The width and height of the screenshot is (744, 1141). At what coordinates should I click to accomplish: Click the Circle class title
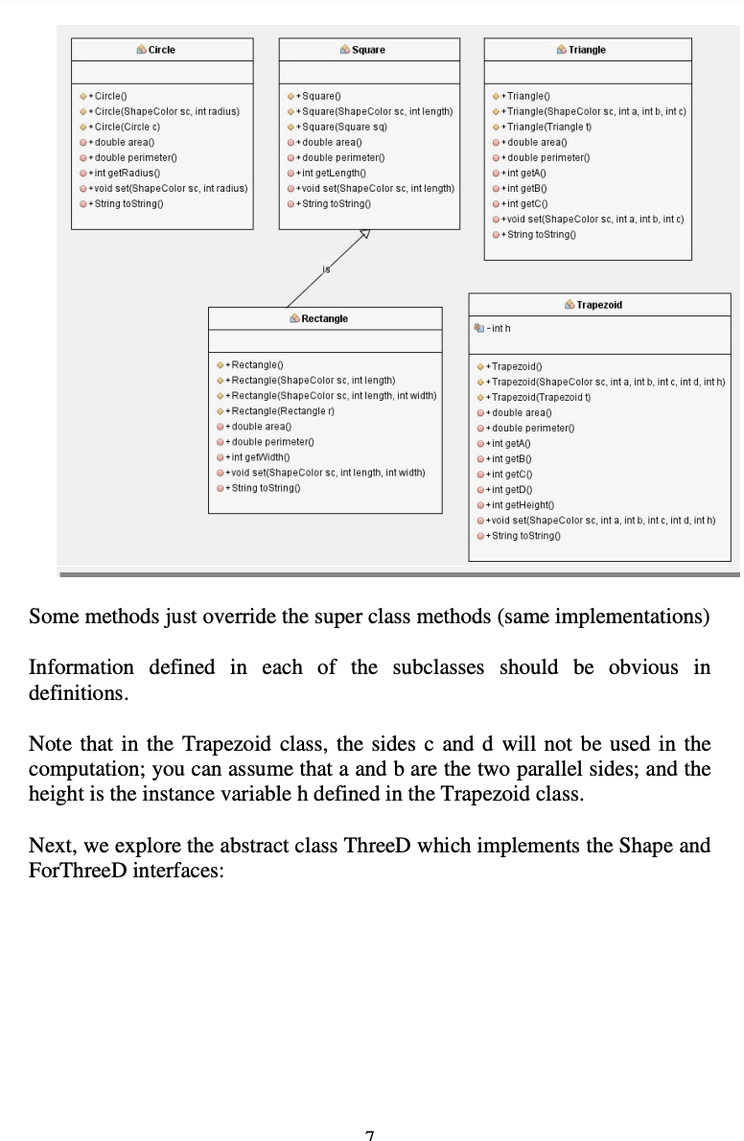pos(161,50)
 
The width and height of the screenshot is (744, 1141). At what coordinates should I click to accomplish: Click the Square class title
pos(368,50)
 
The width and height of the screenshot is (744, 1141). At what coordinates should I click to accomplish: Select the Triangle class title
pos(586,50)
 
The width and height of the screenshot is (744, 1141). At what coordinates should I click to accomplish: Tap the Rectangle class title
pos(324,318)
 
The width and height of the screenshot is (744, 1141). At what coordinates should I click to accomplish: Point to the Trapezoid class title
pos(599,304)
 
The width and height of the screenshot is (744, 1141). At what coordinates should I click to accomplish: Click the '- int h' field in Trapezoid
pos(499,329)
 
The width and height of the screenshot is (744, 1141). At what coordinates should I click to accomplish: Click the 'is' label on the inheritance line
pos(326,270)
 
